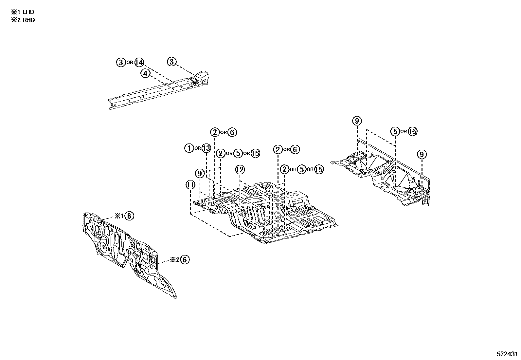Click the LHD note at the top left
point(23,12)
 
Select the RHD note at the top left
point(23,20)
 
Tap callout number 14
point(139,62)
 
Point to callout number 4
point(146,73)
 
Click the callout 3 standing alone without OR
point(172,62)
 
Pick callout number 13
point(206,148)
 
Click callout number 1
point(189,148)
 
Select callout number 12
point(240,170)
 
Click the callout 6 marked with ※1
point(129,216)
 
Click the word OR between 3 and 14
point(130,62)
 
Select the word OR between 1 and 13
point(198,148)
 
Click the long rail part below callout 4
point(157,92)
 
